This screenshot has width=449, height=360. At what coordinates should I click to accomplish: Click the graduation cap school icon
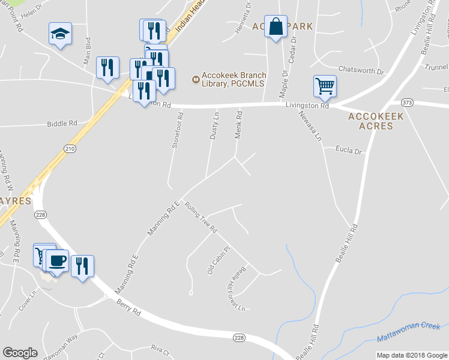[x=60, y=33]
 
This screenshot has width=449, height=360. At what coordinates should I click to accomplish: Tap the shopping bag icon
[x=276, y=26]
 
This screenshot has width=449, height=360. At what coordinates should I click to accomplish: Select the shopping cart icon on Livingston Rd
[x=325, y=86]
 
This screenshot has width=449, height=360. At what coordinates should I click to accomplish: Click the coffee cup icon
[x=57, y=261]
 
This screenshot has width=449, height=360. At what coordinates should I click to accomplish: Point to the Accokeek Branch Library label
[x=234, y=79]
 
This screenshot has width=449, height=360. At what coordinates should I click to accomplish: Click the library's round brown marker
[x=195, y=79]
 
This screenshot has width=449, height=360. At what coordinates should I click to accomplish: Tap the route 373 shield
[x=408, y=103]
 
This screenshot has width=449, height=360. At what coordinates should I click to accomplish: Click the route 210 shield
[x=70, y=149]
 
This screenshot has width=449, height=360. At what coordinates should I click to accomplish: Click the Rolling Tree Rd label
[x=200, y=217]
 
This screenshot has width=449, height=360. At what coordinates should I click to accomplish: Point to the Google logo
[x=20, y=353]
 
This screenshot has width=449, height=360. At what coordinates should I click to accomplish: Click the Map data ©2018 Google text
[x=411, y=355]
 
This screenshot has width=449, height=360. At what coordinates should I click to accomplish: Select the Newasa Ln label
[x=311, y=127]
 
